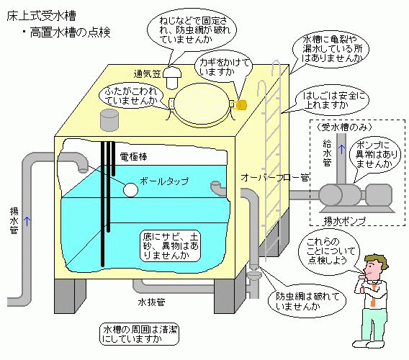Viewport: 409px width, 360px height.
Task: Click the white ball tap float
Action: click(x=130, y=189)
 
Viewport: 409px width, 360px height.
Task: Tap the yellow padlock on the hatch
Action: click(x=241, y=104)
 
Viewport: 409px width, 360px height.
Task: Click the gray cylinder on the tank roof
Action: click(x=109, y=120)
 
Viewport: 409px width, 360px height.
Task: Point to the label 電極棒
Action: click(x=133, y=156)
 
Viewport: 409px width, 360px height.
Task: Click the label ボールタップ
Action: click(x=164, y=181)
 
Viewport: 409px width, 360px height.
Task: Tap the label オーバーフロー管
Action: click(x=275, y=178)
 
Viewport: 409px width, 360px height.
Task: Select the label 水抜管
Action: click(x=151, y=302)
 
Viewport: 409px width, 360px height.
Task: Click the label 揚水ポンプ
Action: click(x=344, y=221)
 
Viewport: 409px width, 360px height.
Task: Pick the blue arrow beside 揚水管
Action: click(x=27, y=222)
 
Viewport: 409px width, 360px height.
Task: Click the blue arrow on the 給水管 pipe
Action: click(x=341, y=149)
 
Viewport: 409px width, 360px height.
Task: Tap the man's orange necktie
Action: click(x=374, y=296)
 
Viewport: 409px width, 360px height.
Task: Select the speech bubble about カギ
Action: click(x=224, y=66)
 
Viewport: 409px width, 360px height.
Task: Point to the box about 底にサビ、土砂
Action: click(x=171, y=246)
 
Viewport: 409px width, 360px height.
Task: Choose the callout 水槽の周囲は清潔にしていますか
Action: click(x=140, y=334)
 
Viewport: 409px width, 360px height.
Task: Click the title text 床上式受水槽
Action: click(x=41, y=16)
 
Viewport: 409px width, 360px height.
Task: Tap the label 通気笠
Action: click(x=147, y=74)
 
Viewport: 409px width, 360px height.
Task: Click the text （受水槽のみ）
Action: click(x=343, y=127)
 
